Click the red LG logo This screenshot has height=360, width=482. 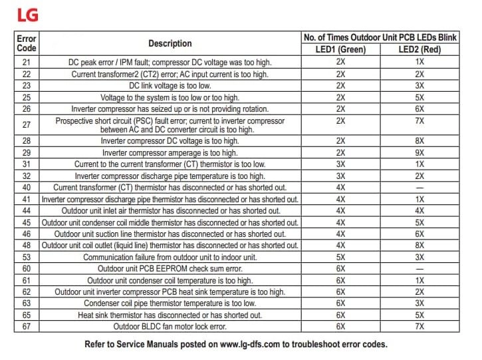(x=28, y=13)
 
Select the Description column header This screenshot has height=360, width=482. (x=170, y=43)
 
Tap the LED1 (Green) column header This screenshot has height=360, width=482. (x=340, y=49)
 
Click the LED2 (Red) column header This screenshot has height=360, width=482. (x=420, y=49)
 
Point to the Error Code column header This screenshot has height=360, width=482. (x=27, y=43)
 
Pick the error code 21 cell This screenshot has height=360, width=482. (x=27, y=62)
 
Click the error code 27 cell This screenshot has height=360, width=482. (x=27, y=125)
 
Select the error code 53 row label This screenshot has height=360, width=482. (x=27, y=257)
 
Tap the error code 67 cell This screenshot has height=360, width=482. (x=27, y=326)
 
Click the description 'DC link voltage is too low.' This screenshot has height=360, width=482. (x=170, y=85)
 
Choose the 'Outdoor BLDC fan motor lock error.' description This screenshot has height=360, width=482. (x=170, y=326)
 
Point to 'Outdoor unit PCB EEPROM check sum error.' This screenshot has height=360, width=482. (x=170, y=269)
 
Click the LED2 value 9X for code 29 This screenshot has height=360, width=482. (x=420, y=153)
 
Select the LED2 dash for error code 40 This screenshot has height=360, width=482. (x=420, y=188)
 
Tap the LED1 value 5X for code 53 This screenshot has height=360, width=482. (x=340, y=257)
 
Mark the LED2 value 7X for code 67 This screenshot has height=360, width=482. (x=420, y=326)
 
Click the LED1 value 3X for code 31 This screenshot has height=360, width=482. (x=340, y=164)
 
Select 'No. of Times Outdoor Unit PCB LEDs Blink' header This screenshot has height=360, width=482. (x=380, y=37)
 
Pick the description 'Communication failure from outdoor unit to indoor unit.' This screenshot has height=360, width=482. (x=170, y=257)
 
